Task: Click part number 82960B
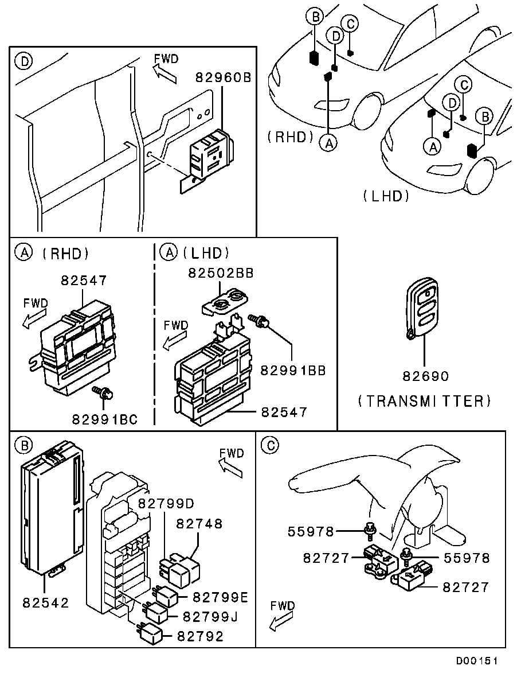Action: tap(224, 77)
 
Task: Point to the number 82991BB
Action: tap(293, 371)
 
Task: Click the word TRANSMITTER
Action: tap(424, 400)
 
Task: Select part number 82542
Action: tap(46, 603)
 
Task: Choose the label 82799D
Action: tap(167, 503)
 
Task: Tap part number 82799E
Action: tap(220, 597)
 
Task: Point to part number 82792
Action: tap(201, 636)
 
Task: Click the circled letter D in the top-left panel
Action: tap(24, 60)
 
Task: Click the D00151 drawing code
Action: tap(476, 661)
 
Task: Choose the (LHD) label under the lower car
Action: tap(386, 196)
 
